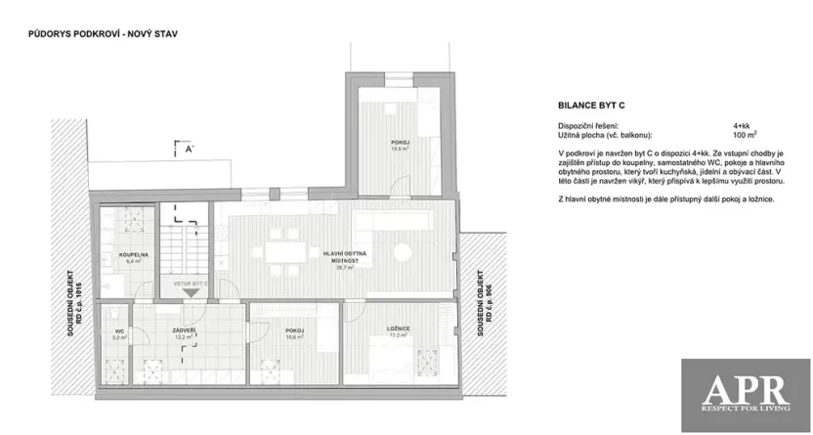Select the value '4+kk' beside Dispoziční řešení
click(x=742, y=126)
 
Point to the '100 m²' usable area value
click(x=746, y=135)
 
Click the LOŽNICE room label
click(x=397, y=329)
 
